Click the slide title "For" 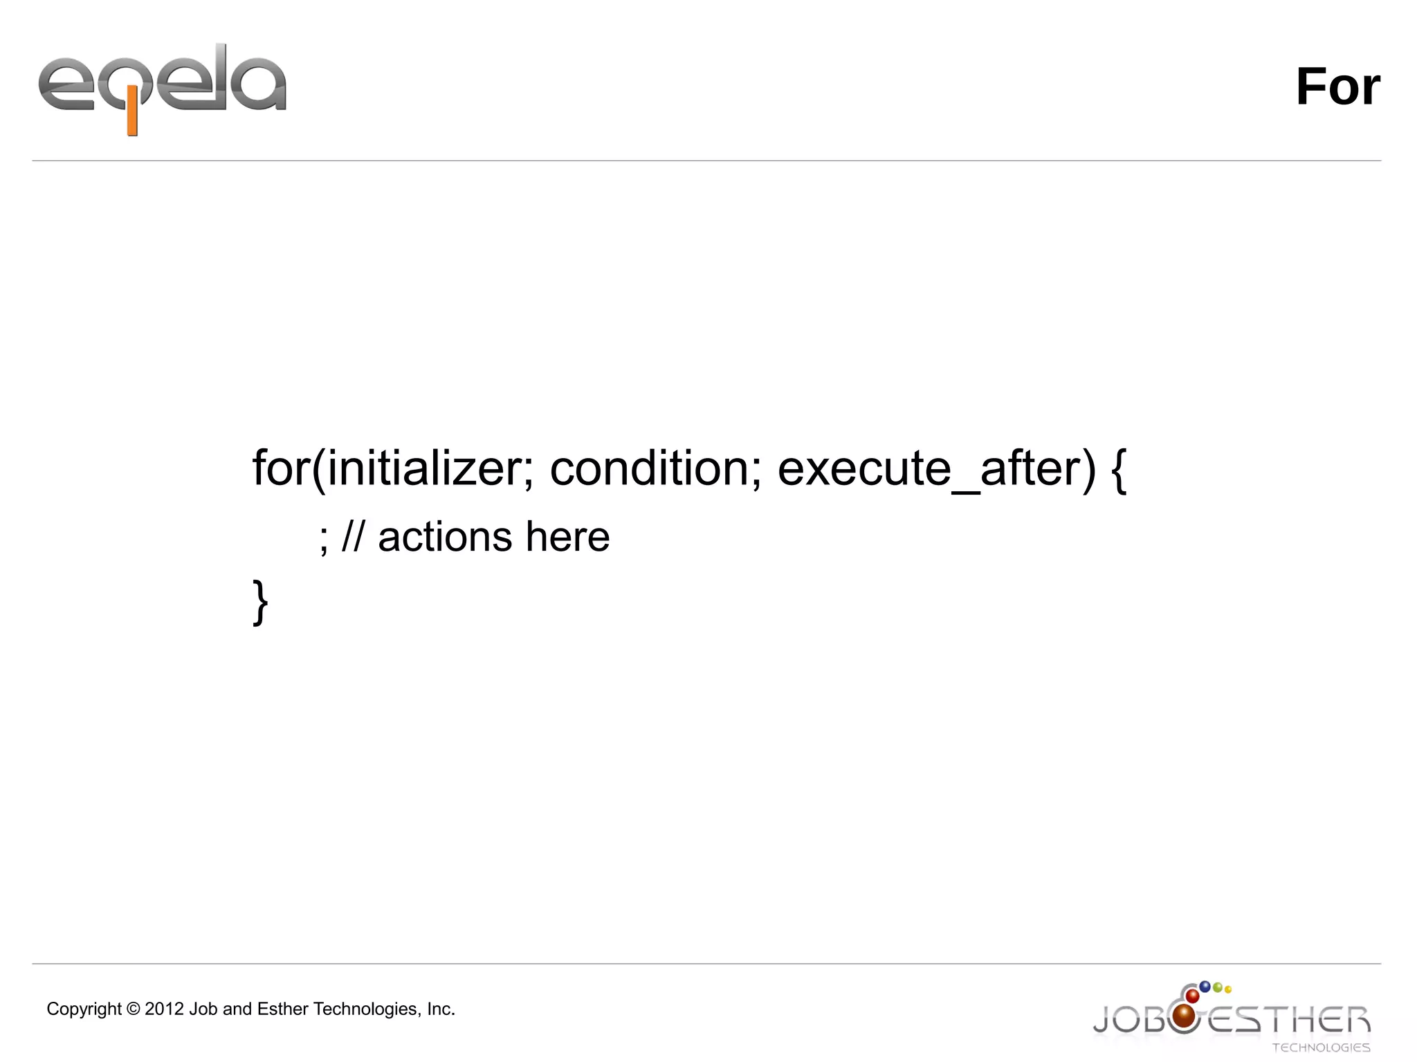(x=1337, y=87)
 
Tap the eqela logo (x=162, y=87)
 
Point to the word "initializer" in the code (x=424, y=468)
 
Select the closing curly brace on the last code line (x=260, y=602)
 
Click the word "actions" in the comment (x=445, y=537)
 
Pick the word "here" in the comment (x=567, y=537)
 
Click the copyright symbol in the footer (x=134, y=1009)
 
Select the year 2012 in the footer (x=165, y=1009)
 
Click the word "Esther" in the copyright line (x=283, y=1009)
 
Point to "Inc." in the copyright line (x=441, y=1009)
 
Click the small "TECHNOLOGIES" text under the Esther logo (x=1321, y=1047)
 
